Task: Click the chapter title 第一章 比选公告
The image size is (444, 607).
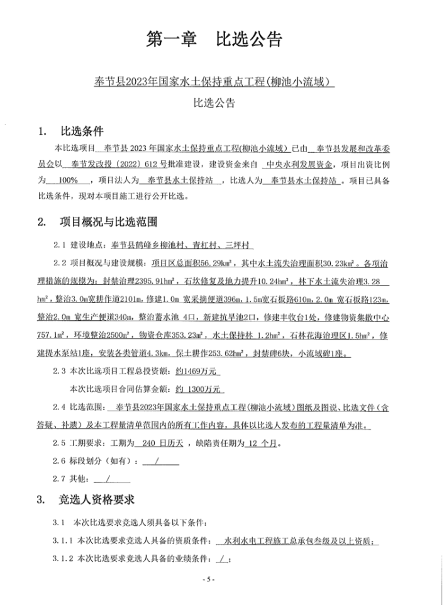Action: pyautogui.click(x=214, y=39)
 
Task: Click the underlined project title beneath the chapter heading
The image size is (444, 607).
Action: pyautogui.click(x=213, y=81)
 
